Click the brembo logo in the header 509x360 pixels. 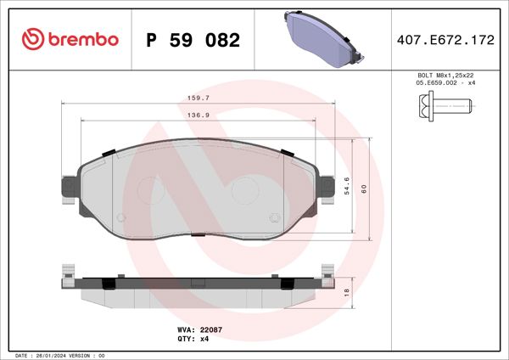pyautogui.click(x=70, y=39)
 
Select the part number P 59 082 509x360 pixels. pyautogui.click(x=193, y=40)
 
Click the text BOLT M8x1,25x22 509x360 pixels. pyautogui.click(x=444, y=76)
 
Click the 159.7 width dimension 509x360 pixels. pyautogui.click(x=199, y=98)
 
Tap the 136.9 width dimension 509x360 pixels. pyautogui.click(x=199, y=115)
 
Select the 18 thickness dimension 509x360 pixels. pyautogui.click(x=346, y=291)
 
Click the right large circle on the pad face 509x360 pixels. pyautogui.click(x=246, y=188)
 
